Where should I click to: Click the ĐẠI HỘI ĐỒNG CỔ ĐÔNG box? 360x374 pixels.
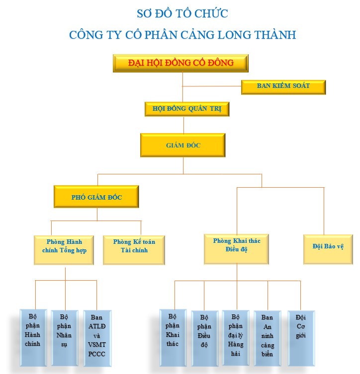(180, 63)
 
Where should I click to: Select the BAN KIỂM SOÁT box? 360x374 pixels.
(283, 87)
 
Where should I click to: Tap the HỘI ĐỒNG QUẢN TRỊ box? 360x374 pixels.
(187, 109)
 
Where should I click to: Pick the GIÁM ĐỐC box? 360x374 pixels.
(183, 145)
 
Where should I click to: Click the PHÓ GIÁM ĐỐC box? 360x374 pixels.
(96, 197)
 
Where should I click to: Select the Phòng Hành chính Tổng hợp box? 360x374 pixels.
(64, 250)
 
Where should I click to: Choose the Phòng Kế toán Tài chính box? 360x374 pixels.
(134, 250)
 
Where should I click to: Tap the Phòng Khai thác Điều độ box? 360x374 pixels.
(236, 249)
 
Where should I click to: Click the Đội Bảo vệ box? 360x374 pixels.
(328, 249)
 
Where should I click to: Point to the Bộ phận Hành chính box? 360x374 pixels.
(33, 338)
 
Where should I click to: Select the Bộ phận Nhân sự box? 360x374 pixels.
(65, 338)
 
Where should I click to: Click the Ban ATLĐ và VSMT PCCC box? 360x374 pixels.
(97, 338)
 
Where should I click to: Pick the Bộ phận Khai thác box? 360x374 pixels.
(173, 338)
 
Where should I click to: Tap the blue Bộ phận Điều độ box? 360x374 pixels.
(205, 338)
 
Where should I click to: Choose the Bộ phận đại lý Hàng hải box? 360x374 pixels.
(236, 338)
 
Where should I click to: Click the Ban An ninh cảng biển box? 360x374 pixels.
(268, 338)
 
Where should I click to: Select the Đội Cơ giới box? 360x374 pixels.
(301, 338)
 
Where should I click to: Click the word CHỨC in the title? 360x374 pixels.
(211, 13)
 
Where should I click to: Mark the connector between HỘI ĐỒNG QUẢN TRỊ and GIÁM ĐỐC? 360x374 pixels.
(183, 125)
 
